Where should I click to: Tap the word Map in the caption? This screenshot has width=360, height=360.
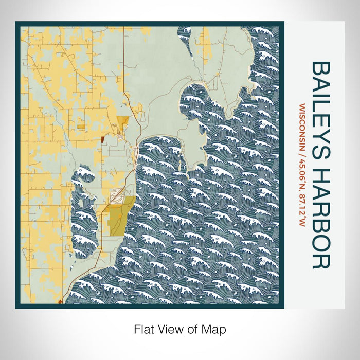pyautogui.click(x=216, y=329)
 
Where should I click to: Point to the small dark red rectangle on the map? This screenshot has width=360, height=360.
pyautogui.click(x=103, y=138)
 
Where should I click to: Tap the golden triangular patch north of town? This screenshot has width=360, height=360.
pyautogui.click(x=122, y=123)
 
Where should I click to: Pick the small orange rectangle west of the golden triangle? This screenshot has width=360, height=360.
pyautogui.click(x=81, y=125)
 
